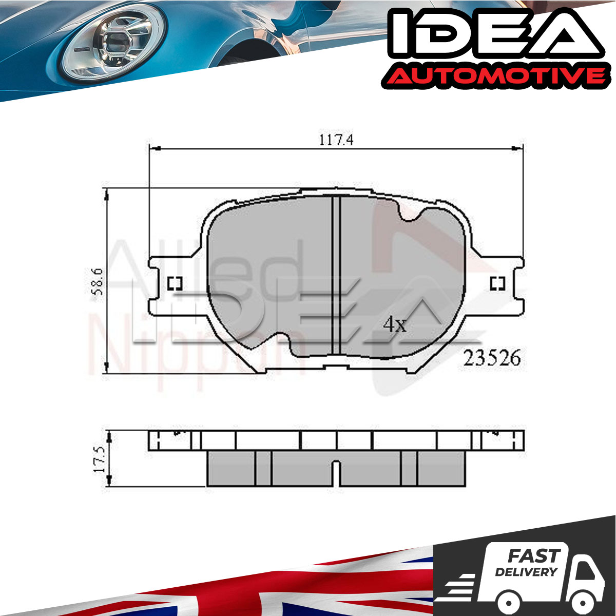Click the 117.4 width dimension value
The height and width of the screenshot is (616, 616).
click(x=336, y=140)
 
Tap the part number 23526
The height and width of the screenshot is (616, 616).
click(x=492, y=358)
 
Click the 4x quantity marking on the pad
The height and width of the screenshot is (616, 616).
click(x=395, y=325)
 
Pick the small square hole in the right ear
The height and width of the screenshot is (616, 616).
click(x=498, y=283)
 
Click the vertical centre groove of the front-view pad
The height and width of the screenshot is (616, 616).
click(x=336, y=275)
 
